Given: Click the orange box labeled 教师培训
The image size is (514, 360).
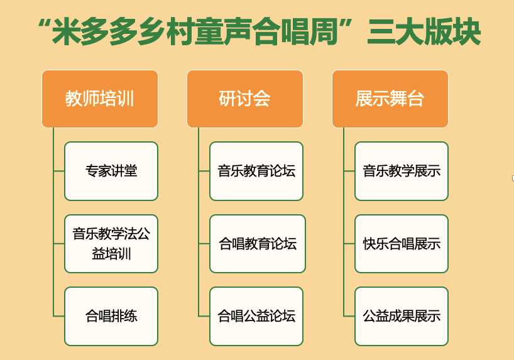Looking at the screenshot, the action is [100, 99].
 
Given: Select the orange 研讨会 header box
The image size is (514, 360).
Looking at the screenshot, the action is [245, 99].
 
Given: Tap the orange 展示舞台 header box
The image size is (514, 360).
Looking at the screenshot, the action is [390, 99].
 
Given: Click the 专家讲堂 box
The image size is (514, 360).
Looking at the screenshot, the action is [111, 171].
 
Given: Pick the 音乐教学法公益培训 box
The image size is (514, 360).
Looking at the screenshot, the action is [111, 244].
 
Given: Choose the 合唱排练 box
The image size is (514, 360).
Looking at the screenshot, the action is [111, 317].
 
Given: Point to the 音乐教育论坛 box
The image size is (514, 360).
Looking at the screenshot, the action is [256, 171].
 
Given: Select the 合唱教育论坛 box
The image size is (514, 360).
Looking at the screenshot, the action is [258, 244].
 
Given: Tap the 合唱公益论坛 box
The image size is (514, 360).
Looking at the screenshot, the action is [256, 317].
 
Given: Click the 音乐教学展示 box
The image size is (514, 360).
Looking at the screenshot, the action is [402, 171].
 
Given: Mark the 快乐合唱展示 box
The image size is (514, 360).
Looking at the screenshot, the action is [402, 244].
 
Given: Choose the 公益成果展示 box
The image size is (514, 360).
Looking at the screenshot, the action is [402, 317].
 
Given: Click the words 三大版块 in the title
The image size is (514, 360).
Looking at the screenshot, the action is [424, 32].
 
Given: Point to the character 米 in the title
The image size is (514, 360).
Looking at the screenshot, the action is [66, 32].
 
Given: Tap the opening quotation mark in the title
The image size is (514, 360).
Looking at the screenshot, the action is [43, 24].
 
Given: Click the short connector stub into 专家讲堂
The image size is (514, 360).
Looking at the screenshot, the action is [59, 171].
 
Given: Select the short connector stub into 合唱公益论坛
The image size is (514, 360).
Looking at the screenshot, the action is [204, 316].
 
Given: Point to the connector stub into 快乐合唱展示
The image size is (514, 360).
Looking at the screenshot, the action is [349, 244].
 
